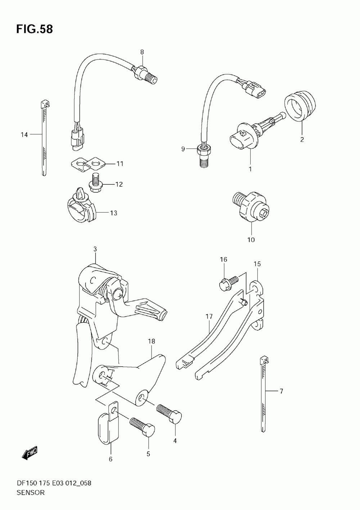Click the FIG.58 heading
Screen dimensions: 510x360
(35, 29)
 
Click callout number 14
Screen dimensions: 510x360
(24, 135)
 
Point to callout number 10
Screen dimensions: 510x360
(251, 240)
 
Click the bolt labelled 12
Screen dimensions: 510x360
(95, 182)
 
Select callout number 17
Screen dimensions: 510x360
(209, 317)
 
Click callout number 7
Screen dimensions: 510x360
(282, 391)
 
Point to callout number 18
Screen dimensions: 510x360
(151, 341)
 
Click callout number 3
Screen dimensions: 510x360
(95, 249)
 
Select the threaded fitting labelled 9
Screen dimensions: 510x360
(203, 156)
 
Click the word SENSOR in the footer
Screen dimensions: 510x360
(31, 493)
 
